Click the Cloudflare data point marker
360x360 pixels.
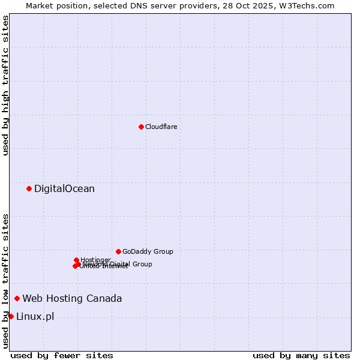click(x=141, y=127)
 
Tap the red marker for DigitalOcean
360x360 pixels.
click(x=29, y=189)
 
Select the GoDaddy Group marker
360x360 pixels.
click(x=118, y=251)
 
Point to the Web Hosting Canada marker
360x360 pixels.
click(x=17, y=298)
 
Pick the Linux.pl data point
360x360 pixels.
click(x=11, y=316)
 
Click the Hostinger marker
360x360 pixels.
click(x=76, y=260)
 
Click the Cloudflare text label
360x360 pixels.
click(x=161, y=127)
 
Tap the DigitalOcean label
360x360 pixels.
click(x=64, y=189)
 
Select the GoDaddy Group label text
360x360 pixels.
click(x=148, y=251)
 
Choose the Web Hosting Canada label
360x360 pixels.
click(x=72, y=298)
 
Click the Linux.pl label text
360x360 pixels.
click(x=35, y=316)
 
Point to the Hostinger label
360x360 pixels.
click(x=95, y=260)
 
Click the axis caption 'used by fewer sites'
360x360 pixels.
click(x=62, y=355)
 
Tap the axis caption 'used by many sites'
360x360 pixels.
click(x=301, y=355)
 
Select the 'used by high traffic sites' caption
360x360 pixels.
click(x=5, y=85)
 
